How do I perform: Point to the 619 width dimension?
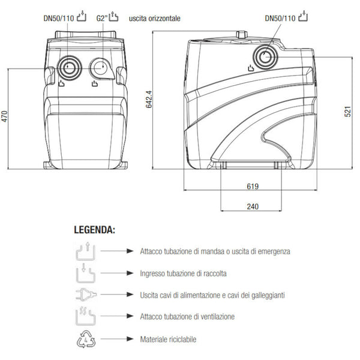click(253, 186)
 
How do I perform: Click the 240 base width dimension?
click(253, 206)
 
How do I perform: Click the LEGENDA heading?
click(95, 230)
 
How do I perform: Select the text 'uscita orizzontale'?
click(155, 19)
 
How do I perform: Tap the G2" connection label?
click(103, 19)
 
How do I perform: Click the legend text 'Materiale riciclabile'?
click(167, 340)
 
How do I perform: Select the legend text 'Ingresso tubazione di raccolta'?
click(183, 274)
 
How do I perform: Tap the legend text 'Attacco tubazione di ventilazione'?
click(187, 317)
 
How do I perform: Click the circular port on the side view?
click(264, 57)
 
